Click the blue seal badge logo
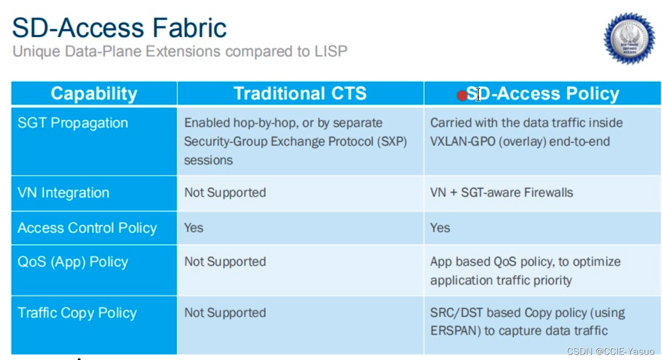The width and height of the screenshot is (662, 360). click(629, 38)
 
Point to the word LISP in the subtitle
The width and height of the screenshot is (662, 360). click(331, 51)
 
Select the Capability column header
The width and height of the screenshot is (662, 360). click(94, 94)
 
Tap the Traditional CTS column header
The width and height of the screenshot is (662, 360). click(300, 94)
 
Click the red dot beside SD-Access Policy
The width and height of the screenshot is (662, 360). click(462, 96)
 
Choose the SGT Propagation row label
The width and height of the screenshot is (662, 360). click(73, 123)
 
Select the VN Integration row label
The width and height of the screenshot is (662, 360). click(63, 193)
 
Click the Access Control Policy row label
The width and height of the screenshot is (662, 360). click(87, 228)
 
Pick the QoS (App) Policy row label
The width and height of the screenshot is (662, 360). click(73, 262)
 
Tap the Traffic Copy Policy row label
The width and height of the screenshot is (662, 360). click(77, 313)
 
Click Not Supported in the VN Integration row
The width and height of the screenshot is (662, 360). click(225, 193)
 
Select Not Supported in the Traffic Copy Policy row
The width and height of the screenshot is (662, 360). click(225, 313)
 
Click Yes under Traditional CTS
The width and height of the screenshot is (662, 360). click(194, 228)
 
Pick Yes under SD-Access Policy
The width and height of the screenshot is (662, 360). click(440, 228)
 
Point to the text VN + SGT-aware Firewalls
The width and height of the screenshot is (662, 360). click(502, 193)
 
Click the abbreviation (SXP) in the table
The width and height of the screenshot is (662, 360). click(392, 142)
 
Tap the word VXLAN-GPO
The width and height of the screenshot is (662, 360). click(463, 142)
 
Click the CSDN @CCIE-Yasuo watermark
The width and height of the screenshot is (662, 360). click(610, 351)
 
